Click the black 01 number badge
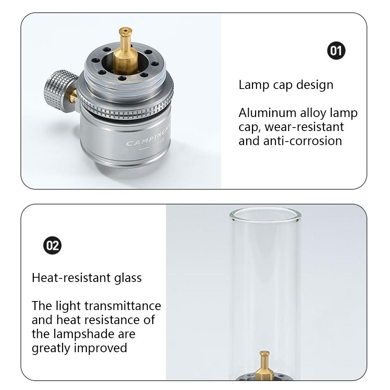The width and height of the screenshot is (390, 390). tap(336, 51)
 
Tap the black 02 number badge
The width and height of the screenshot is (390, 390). tap(52, 245)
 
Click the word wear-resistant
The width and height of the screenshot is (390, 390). tap(304, 127)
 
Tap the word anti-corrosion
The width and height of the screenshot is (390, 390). tap(303, 141)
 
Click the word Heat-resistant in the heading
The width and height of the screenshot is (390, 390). tap(71, 278)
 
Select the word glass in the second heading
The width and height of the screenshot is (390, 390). tap(128, 278)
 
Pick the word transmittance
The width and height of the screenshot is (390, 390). tap(123, 306)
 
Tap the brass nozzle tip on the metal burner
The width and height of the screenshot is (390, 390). tap(125, 31)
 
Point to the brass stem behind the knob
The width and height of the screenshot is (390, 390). tap(73, 96)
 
